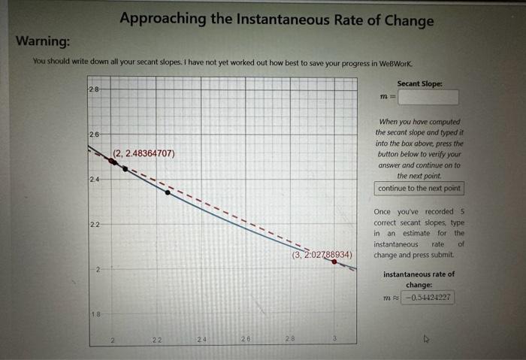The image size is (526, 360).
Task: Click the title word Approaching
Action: [160, 19]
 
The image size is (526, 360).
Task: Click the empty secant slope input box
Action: [428, 97]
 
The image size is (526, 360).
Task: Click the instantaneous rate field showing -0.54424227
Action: [428, 297]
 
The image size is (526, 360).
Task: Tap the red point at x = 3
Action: [334, 262]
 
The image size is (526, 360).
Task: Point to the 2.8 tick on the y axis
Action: [94, 89]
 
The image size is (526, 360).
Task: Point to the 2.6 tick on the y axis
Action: [94, 134]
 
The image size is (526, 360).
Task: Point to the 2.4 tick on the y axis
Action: [94, 179]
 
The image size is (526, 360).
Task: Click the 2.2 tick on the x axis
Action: [156, 340]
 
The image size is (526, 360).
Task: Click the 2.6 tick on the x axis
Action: [245, 340]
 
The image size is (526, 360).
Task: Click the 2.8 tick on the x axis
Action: [290, 340]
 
